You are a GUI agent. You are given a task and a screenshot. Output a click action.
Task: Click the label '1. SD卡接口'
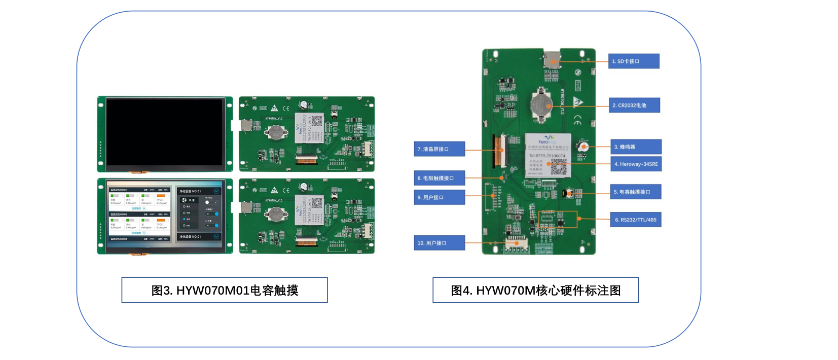(x=633, y=61)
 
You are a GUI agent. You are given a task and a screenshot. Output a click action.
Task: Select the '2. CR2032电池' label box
(x=634, y=105)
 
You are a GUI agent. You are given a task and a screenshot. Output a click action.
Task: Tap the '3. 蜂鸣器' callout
(x=636, y=147)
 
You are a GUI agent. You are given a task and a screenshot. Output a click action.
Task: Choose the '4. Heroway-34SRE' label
(x=636, y=164)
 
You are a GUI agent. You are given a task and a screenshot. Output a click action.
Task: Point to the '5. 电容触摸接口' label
(x=636, y=192)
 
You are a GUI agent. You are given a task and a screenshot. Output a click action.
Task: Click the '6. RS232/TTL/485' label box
(x=635, y=220)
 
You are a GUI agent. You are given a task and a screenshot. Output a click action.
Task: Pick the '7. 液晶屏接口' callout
(x=439, y=149)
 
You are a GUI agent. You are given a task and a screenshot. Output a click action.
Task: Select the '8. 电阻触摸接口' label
(x=439, y=178)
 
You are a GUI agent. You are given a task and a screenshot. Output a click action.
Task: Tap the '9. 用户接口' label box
(x=439, y=198)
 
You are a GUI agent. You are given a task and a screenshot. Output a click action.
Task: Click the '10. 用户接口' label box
(x=439, y=243)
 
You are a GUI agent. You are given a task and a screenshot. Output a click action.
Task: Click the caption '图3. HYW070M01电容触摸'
(x=225, y=291)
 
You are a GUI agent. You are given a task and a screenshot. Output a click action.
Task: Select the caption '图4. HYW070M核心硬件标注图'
(x=535, y=291)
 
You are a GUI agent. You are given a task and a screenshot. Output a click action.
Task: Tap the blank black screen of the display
(x=165, y=132)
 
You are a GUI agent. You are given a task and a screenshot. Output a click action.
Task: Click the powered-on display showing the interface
(x=165, y=215)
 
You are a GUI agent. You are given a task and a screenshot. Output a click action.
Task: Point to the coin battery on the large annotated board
(x=541, y=105)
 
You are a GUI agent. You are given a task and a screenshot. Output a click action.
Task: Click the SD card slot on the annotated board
(x=552, y=59)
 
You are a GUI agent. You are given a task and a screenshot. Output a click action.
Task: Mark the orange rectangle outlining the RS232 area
(x=558, y=219)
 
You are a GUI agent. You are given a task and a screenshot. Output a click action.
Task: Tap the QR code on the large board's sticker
(x=559, y=167)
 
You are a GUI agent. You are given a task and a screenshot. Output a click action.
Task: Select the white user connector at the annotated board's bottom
(x=516, y=245)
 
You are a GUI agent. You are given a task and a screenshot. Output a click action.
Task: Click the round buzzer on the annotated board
(x=584, y=147)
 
